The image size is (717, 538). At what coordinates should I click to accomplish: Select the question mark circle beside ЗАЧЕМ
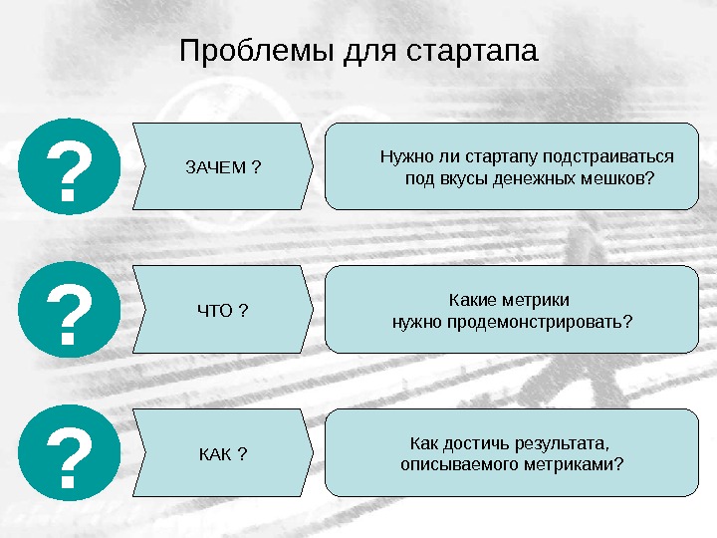pos(68,166)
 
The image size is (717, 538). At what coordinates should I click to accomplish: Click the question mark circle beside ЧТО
pos(68,310)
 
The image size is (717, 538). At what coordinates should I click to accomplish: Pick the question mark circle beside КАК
pos(68,453)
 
